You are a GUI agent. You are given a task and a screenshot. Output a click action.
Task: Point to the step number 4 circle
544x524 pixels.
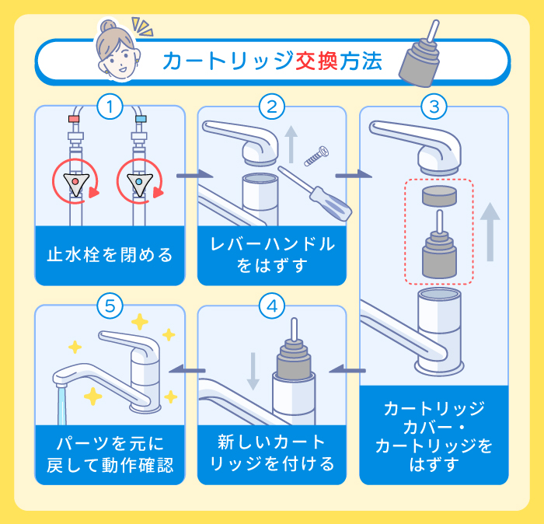tap(271, 306)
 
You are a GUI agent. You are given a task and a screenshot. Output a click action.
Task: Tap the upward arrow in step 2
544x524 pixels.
tap(291, 145)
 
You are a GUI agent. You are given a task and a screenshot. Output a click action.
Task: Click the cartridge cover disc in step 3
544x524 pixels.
tap(441, 197)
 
